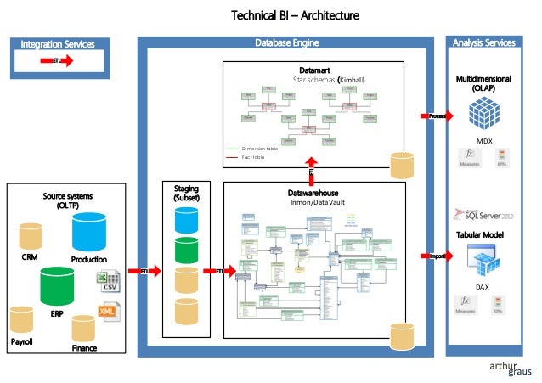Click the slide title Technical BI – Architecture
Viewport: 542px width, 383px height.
click(296, 15)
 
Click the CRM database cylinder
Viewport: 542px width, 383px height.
click(31, 235)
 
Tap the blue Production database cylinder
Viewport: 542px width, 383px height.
click(89, 232)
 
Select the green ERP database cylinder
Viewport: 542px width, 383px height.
click(57, 287)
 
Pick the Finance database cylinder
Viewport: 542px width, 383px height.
click(84, 329)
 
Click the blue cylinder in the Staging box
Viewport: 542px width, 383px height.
click(186, 219)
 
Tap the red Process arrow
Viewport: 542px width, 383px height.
click(435, 115)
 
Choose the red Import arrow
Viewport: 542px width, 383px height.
click(435, 255)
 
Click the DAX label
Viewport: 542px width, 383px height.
click(483, 287)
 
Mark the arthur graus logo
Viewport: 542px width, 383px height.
click(506, 367)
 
